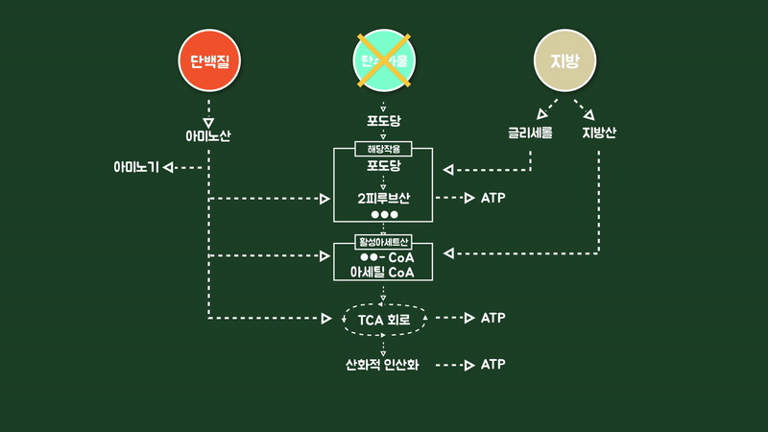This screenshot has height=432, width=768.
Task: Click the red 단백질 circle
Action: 208,61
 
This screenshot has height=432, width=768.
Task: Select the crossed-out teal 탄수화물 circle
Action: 383,61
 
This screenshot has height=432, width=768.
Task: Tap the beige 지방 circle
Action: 564,61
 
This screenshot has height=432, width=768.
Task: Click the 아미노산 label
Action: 208,135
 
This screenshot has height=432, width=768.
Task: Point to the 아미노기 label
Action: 135,168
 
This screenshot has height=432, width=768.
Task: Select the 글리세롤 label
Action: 531,132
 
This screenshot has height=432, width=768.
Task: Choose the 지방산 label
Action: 599,132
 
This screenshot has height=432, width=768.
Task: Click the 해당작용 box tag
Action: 383,149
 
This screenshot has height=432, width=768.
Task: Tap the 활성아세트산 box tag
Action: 383,242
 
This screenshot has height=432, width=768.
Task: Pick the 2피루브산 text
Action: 383,199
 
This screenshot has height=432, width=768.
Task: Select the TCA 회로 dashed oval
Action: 383,318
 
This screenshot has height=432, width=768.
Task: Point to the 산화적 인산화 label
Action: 383,365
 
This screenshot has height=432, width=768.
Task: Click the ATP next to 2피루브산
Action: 492,199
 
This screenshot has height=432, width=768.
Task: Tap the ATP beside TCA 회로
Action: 492,318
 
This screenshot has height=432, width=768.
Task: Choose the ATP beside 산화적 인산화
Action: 492,365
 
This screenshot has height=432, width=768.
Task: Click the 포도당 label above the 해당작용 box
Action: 383,122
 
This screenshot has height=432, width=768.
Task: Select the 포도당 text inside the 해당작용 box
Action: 383,165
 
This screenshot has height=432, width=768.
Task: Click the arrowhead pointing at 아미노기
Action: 168,168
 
